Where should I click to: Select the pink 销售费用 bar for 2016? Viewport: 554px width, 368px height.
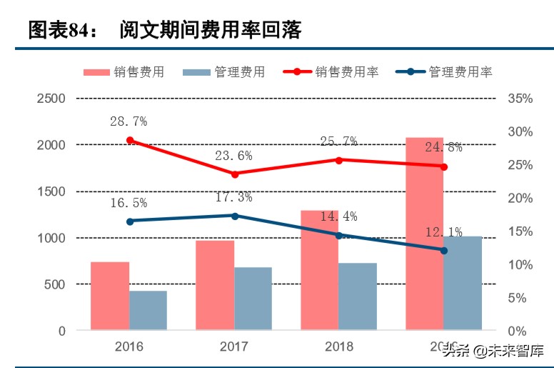point(110,296)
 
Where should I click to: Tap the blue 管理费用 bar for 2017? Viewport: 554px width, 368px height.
point(253,299)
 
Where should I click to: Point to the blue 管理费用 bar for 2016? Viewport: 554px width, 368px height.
point(148,310)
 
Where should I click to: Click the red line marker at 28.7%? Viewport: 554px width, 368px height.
point(130,141)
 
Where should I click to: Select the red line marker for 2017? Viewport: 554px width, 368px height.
point(235,174)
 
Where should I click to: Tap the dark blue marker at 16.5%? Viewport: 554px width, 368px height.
point(130,222)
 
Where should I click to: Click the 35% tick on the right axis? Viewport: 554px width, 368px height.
point(520,99)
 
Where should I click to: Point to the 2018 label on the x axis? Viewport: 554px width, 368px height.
point(339,347)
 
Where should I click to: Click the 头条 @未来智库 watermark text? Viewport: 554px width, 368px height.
point(492,351)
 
